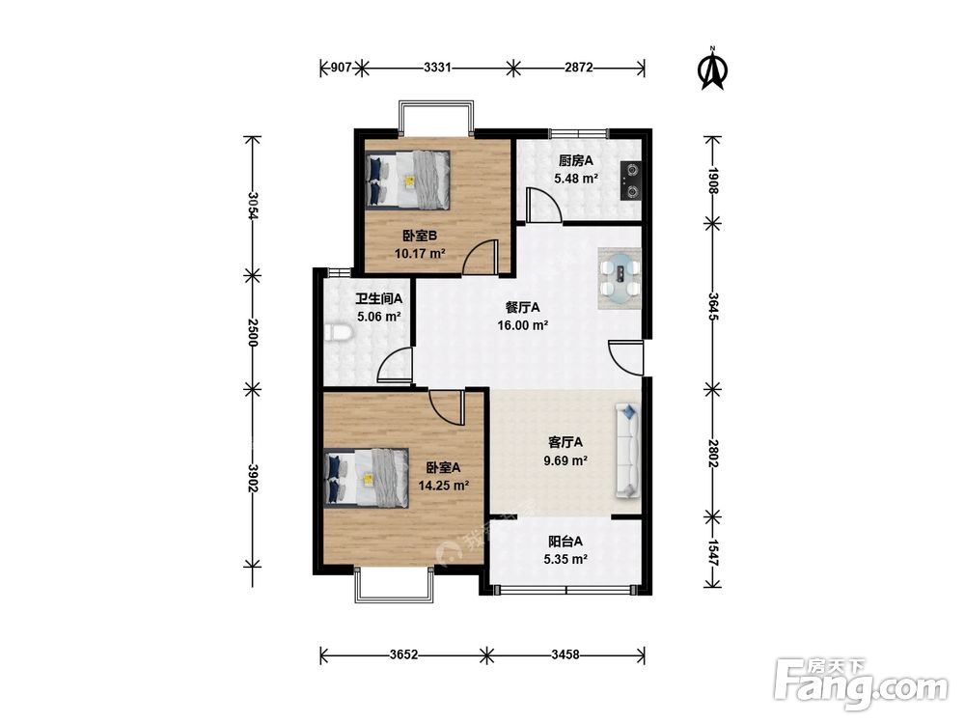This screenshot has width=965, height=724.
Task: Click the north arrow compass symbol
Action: click(x=713, y=69)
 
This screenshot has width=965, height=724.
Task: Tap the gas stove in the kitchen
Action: click(x=630, y=181)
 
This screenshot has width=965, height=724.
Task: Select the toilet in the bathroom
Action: click(x=337, y=333)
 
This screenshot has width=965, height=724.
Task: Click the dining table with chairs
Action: click(x=620, y=279)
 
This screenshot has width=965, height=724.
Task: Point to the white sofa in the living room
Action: click(x=627, y=451)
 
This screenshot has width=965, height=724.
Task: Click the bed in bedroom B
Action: click(x=408, y=179)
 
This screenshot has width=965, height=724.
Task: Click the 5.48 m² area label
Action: click(x=577, y=180)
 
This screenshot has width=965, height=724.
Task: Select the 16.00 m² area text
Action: click(x=523, y=325)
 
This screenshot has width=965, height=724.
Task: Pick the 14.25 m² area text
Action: click(x=444, y=486)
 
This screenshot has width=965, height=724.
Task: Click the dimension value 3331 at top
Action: click(x=437, y=68)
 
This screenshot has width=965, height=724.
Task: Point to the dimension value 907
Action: click(x=341, y=68)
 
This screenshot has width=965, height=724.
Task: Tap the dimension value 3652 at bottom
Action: click(x=403, y=654)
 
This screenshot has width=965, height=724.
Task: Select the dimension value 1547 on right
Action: click(x=713, y=553)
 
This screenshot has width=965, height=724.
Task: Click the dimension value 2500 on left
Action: click(x=252, y=332)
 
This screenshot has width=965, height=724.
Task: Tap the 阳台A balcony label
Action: click(x=565, y=542)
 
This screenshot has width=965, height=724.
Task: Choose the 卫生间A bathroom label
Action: click(x=378, y=299)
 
